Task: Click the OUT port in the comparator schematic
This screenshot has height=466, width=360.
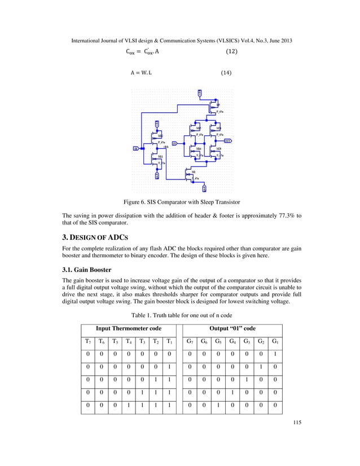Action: coord(227,140)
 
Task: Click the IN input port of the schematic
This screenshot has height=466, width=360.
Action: coord(136,149)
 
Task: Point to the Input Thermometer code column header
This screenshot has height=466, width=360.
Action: coord(128,328)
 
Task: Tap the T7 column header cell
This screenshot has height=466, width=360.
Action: coord(87,341)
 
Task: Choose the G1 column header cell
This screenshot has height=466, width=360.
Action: coord(274,341)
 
